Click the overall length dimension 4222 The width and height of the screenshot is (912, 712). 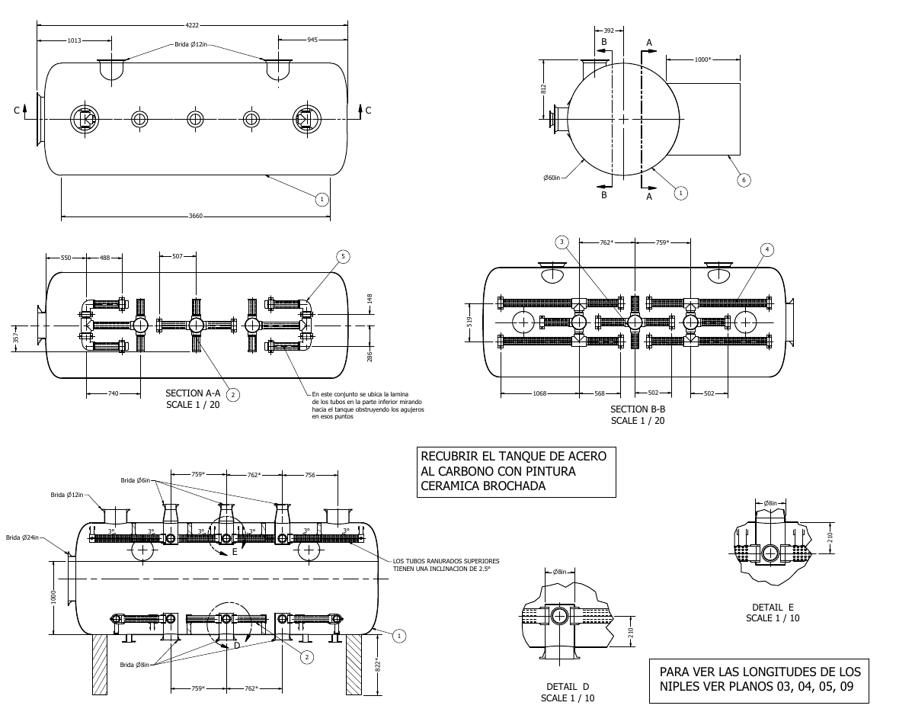(x=192, y=25)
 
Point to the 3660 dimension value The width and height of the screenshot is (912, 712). (x=195, y=216)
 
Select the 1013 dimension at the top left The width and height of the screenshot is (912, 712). (x=74, y=40)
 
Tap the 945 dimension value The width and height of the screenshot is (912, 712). (x=312, y=40)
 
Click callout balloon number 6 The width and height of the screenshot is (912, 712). (x=744, y=180)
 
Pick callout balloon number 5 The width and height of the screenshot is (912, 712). (x=343, y=257)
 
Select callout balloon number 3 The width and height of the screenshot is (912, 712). (x=562, y=242)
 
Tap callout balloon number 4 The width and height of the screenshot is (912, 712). (x=766, y=250)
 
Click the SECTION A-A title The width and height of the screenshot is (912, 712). (x=193, y=393)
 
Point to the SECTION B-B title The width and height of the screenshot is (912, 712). (x=638, y=409)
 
